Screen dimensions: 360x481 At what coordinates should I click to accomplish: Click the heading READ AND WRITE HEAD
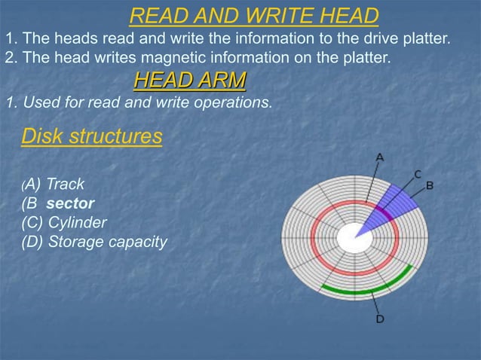[253, 15]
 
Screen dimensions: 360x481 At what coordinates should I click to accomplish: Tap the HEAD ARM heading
[189, 79]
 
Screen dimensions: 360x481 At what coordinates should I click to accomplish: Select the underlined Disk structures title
[91, 136]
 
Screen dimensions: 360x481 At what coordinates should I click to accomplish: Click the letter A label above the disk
[380, 157]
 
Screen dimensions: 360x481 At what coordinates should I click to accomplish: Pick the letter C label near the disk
[416, 174]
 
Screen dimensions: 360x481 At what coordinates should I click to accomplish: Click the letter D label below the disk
[380, 319]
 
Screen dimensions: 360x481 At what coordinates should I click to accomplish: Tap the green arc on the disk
[369, 283]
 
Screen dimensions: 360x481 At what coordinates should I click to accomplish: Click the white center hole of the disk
[349, 238]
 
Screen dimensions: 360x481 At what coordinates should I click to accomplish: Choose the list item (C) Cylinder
[64, 222]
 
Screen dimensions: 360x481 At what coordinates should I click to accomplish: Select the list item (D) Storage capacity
[94, 242]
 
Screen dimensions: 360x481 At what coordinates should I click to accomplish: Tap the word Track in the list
[65, 184]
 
